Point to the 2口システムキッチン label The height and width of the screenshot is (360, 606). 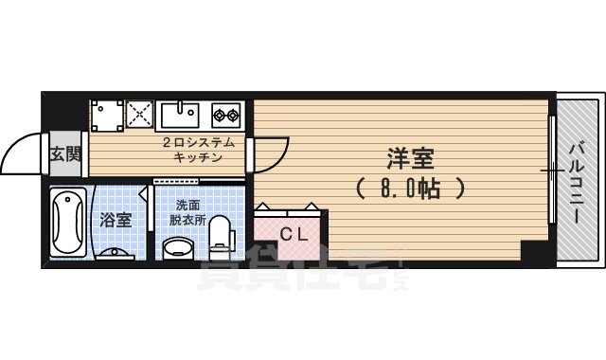click(x=198, y=150)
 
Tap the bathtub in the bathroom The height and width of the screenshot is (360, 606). click(x=69, y=222)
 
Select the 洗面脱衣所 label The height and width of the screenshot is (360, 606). click(x=187, y=212)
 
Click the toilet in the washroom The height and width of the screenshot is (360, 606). click(x=221, y=235)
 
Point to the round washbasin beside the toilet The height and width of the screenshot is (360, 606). click(x=178, y=248)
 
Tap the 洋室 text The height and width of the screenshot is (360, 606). click(x=408, y=155)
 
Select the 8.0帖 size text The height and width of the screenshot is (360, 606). click(x=410, y=187)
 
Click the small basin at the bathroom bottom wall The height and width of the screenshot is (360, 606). click(x=118, y=254)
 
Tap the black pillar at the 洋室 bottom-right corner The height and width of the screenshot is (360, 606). click(x=535, y=254)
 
